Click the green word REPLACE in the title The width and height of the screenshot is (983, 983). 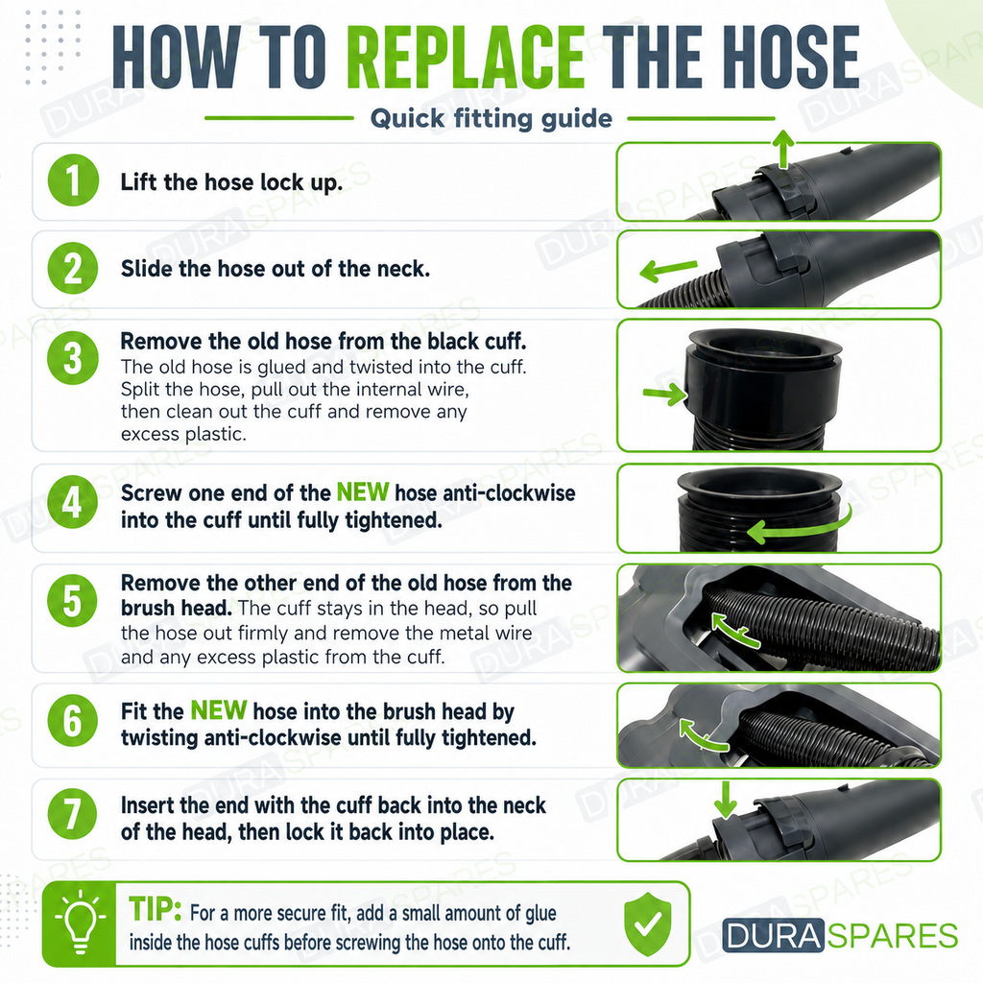[x=466, y=58]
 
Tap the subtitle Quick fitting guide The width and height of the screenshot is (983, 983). [x=491, y=118]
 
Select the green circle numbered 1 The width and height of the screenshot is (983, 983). [x=73, y=180]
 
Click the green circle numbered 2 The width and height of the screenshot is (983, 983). [x=73, y=269]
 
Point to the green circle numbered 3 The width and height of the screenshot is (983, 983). [x=73, y=357]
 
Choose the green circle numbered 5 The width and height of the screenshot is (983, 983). [x=73, y=600]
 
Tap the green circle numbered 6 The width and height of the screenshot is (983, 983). [x=73, y=720]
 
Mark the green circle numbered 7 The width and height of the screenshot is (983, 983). [x=73, y=814]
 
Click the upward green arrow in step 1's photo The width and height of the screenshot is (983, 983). [x=781, y=149]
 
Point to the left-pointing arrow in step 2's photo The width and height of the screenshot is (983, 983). [x=668, y=270]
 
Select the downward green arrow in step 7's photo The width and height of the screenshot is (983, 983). [x=726, y=800]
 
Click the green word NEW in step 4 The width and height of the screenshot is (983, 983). [x=362, y=492]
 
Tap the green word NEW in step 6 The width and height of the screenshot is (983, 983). [x=218, y=710]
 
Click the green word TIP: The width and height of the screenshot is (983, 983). [x=155, y=908]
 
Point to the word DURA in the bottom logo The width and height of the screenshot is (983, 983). [x=773, y=935]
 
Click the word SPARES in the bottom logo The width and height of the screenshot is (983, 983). [x=892, y=936]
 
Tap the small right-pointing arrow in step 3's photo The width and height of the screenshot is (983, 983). [x=665, y=395]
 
